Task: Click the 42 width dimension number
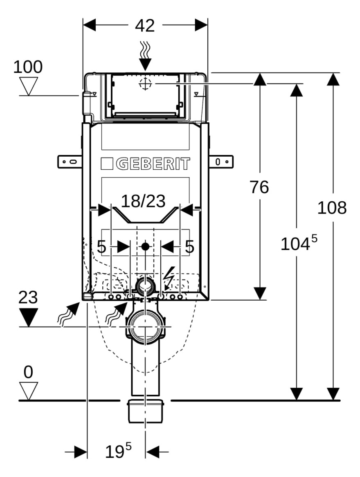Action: click(x=145, y=25)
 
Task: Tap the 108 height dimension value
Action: click(x=332, y=208)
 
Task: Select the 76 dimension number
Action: click(x=259, y=187)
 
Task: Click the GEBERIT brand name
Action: click(x=153, y=164)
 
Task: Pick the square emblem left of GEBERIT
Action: click(x=107, y=164)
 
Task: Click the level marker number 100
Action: click(x=28, y=67)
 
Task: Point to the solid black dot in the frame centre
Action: click(x=145, y=247)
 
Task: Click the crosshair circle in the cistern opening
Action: click(x=145, y=84)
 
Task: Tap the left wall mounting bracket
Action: click(x=70, y=162)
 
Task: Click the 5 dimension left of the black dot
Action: click(x=101, y=247)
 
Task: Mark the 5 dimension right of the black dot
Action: click(x=189, y=247)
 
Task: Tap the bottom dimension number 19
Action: click(x=115, y=452)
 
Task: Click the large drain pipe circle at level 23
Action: click(x=145, y=327)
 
